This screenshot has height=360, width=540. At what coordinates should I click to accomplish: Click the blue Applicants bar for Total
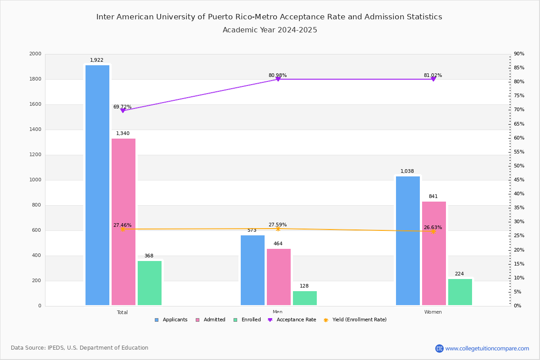pyautogui.click(x=97, y=185)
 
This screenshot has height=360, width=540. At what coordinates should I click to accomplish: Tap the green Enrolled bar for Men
pyautogui.click(x=305, y=298)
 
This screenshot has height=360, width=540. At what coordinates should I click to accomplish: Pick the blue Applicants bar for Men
pyautogui.click(x=252, y=270)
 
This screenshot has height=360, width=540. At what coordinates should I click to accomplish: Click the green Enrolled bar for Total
pyautogui.click(x=149, y=283)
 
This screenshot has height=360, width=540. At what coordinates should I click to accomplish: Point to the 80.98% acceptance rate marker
pyautogui.click(x=278, y=79)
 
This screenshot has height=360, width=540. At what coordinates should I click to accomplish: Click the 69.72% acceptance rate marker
pyautogui.click(x=122, y=110)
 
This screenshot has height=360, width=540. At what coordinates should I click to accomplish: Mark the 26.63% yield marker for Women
pyautogui.click(x=433, y=231)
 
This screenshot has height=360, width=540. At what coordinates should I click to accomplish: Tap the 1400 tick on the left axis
pyautogui.click(x=36, y=130)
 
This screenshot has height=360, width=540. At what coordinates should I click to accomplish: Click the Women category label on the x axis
pyautogui.click(x=433, y=312)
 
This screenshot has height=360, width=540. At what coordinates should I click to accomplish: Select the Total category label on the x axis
pyautogui.click(x=122, y=312)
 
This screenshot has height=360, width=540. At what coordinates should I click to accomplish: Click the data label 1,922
pyautogui.click(x=97, y=60)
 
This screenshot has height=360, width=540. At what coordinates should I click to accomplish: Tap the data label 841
pyautogui.click(x=433, y=197)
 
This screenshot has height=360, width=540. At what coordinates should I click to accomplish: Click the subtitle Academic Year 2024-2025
pyautogui.click(x=270, y=30)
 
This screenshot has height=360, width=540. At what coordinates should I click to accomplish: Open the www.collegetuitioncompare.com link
pyautogui.click(x=487, y=348)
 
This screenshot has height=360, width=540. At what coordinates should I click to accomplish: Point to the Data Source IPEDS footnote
pyautogui.click(x=80, y=348)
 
